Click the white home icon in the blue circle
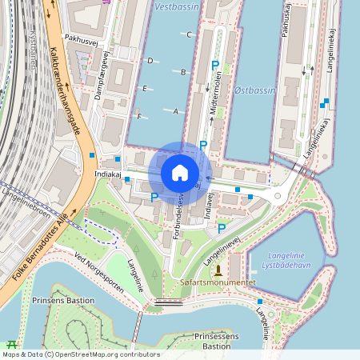tap(180, 172)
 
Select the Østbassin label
tap(255, 90)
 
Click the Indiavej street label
tap(211, 205)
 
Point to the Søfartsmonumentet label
tap(218, 282)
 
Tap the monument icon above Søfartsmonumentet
tap(218, 270)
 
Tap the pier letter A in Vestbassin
tap(174, 111)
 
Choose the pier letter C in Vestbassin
tap(189, 35)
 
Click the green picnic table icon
tap(11, 343)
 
